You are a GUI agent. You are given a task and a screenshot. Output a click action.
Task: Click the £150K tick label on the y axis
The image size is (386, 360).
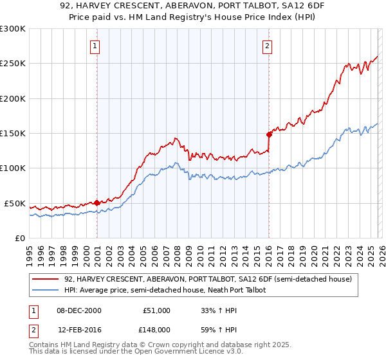(x=12, y=133)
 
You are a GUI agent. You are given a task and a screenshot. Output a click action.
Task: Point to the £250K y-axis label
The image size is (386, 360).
(x=12, y=64)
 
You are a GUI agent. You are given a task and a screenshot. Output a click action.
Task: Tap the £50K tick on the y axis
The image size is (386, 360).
(x=14, y=203)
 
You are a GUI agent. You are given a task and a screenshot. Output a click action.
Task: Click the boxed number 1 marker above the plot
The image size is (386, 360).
(x=95, y=46)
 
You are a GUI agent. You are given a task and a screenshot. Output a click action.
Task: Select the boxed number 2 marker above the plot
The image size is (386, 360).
(x=266, y=46)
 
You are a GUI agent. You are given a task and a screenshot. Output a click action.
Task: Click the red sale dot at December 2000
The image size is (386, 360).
(x=97, y=203)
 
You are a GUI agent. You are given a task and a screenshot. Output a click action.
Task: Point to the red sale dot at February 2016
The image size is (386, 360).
(x=269, y=134)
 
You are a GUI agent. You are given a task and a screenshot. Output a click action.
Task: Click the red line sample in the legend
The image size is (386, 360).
(x=46, y=280)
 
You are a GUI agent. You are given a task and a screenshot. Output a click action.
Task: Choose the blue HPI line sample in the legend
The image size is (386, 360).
(x=46, y=291)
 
